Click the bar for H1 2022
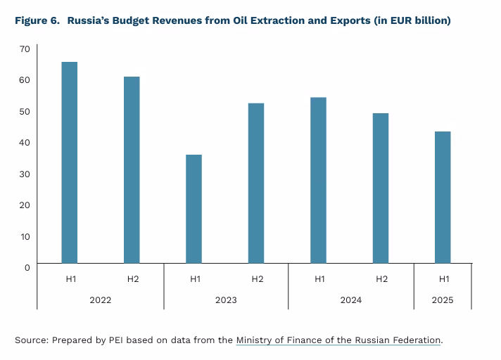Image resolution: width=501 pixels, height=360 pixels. [x=70, y=162]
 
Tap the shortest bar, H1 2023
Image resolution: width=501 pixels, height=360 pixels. [x=194, y=209]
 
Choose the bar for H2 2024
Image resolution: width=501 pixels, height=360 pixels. [x=381, y=188]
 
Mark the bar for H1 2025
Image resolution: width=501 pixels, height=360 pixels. [x=443, y=197]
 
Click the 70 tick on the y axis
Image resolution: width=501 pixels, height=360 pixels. [x=25, y=49]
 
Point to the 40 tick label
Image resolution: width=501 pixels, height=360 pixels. [x=25, y=142]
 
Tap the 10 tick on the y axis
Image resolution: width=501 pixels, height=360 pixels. [x=25, y=236]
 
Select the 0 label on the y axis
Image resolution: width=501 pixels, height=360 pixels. [x=27, y=267]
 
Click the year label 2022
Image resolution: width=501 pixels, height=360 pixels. [x=101, y=300]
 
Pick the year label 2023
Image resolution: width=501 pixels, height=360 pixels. [x=225, y=300]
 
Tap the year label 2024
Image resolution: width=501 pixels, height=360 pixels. [x=350, y=300]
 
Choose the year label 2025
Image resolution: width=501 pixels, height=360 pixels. [x=443, y=300]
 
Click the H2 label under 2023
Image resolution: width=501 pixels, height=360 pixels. [x=257, y=279]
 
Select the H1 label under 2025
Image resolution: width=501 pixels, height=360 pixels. [x=443, y=279]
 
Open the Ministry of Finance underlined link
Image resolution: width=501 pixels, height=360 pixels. [x=338, y=340]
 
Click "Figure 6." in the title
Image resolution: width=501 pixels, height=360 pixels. [x=37, y=20]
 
